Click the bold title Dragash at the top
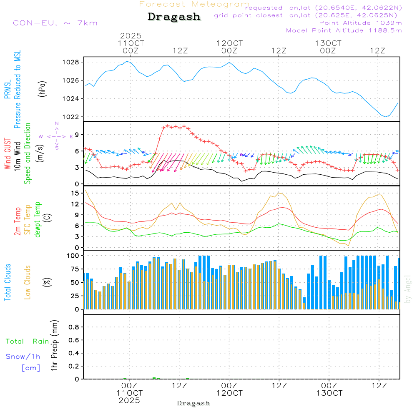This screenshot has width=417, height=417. (174, 17)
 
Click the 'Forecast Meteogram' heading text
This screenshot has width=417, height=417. (194, 4)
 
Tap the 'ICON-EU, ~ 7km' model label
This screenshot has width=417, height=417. (53, 23)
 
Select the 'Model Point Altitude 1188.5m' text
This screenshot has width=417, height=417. (344, 30)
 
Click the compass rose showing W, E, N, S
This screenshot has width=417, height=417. (57, 136)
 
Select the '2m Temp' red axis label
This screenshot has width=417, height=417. (18, 220)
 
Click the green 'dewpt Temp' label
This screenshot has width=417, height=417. (38, 220)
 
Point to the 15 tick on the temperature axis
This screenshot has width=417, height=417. (75, 193)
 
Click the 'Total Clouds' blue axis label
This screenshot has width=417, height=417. (8, 282)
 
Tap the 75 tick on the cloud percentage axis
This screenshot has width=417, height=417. (75, 269)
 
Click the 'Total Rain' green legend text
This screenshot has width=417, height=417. (27, 342)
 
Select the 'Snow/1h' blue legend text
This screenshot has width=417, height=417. (23, 357)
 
